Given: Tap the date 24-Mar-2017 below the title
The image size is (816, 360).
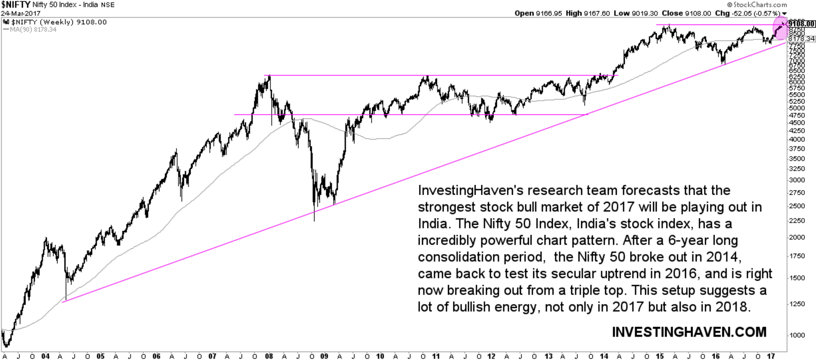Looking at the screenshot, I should pyautogui.click(x=18, y=13).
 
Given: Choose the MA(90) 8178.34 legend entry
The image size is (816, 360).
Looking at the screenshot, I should pyautogui.click(x=32, y=29).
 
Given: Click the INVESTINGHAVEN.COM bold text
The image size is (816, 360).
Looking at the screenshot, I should pyautogui.click(x=689, y=332).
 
